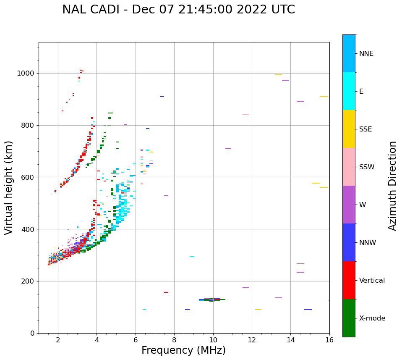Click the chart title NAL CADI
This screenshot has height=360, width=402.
(178, 10)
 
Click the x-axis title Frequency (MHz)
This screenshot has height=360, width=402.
(183, 350)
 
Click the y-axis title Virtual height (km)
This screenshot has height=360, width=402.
(9, 188)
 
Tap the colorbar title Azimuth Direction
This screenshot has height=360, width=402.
(392, 186)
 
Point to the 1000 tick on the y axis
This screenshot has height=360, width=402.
(26, 73)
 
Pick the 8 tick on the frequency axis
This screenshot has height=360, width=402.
(174, 340)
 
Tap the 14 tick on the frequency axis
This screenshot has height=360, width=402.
(291, 340)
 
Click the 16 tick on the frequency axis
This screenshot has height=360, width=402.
(329, 340)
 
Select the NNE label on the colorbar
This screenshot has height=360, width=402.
(366, 54)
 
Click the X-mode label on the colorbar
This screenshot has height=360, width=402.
(372, 318)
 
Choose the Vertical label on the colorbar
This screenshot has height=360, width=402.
(372, 281)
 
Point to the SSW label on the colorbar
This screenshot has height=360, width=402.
(367, 167)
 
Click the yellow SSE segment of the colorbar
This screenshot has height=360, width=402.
(349, 129)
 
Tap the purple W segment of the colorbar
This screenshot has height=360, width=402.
(349, 205)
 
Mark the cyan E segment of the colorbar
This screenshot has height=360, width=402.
(349, 91)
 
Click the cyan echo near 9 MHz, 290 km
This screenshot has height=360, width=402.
(192, 257)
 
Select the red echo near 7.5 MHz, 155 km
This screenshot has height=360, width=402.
(166, 292)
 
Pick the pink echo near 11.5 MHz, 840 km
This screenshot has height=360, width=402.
(245, 115)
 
